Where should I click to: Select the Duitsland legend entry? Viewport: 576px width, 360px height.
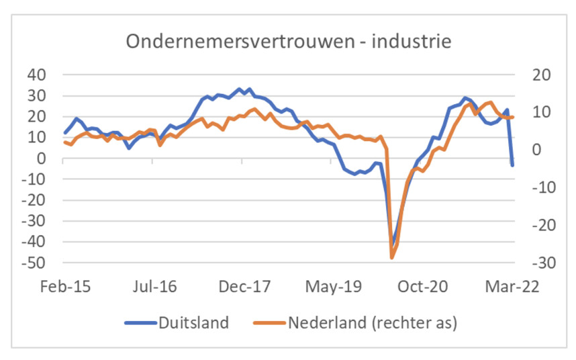coord(193,322)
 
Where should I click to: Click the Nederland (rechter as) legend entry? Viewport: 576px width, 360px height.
coord(373,322)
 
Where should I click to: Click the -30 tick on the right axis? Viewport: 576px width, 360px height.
coord(538,263)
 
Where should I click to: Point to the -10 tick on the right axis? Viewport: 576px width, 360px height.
coord(538,187)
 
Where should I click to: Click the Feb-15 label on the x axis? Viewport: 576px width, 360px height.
coord(65,287)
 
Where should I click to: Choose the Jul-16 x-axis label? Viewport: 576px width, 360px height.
coord(155,287)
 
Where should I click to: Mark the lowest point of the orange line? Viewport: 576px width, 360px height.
coord(391,257)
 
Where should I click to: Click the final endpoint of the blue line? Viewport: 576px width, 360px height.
coord(512,165)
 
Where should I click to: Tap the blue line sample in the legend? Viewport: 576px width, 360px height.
coord(140,323)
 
